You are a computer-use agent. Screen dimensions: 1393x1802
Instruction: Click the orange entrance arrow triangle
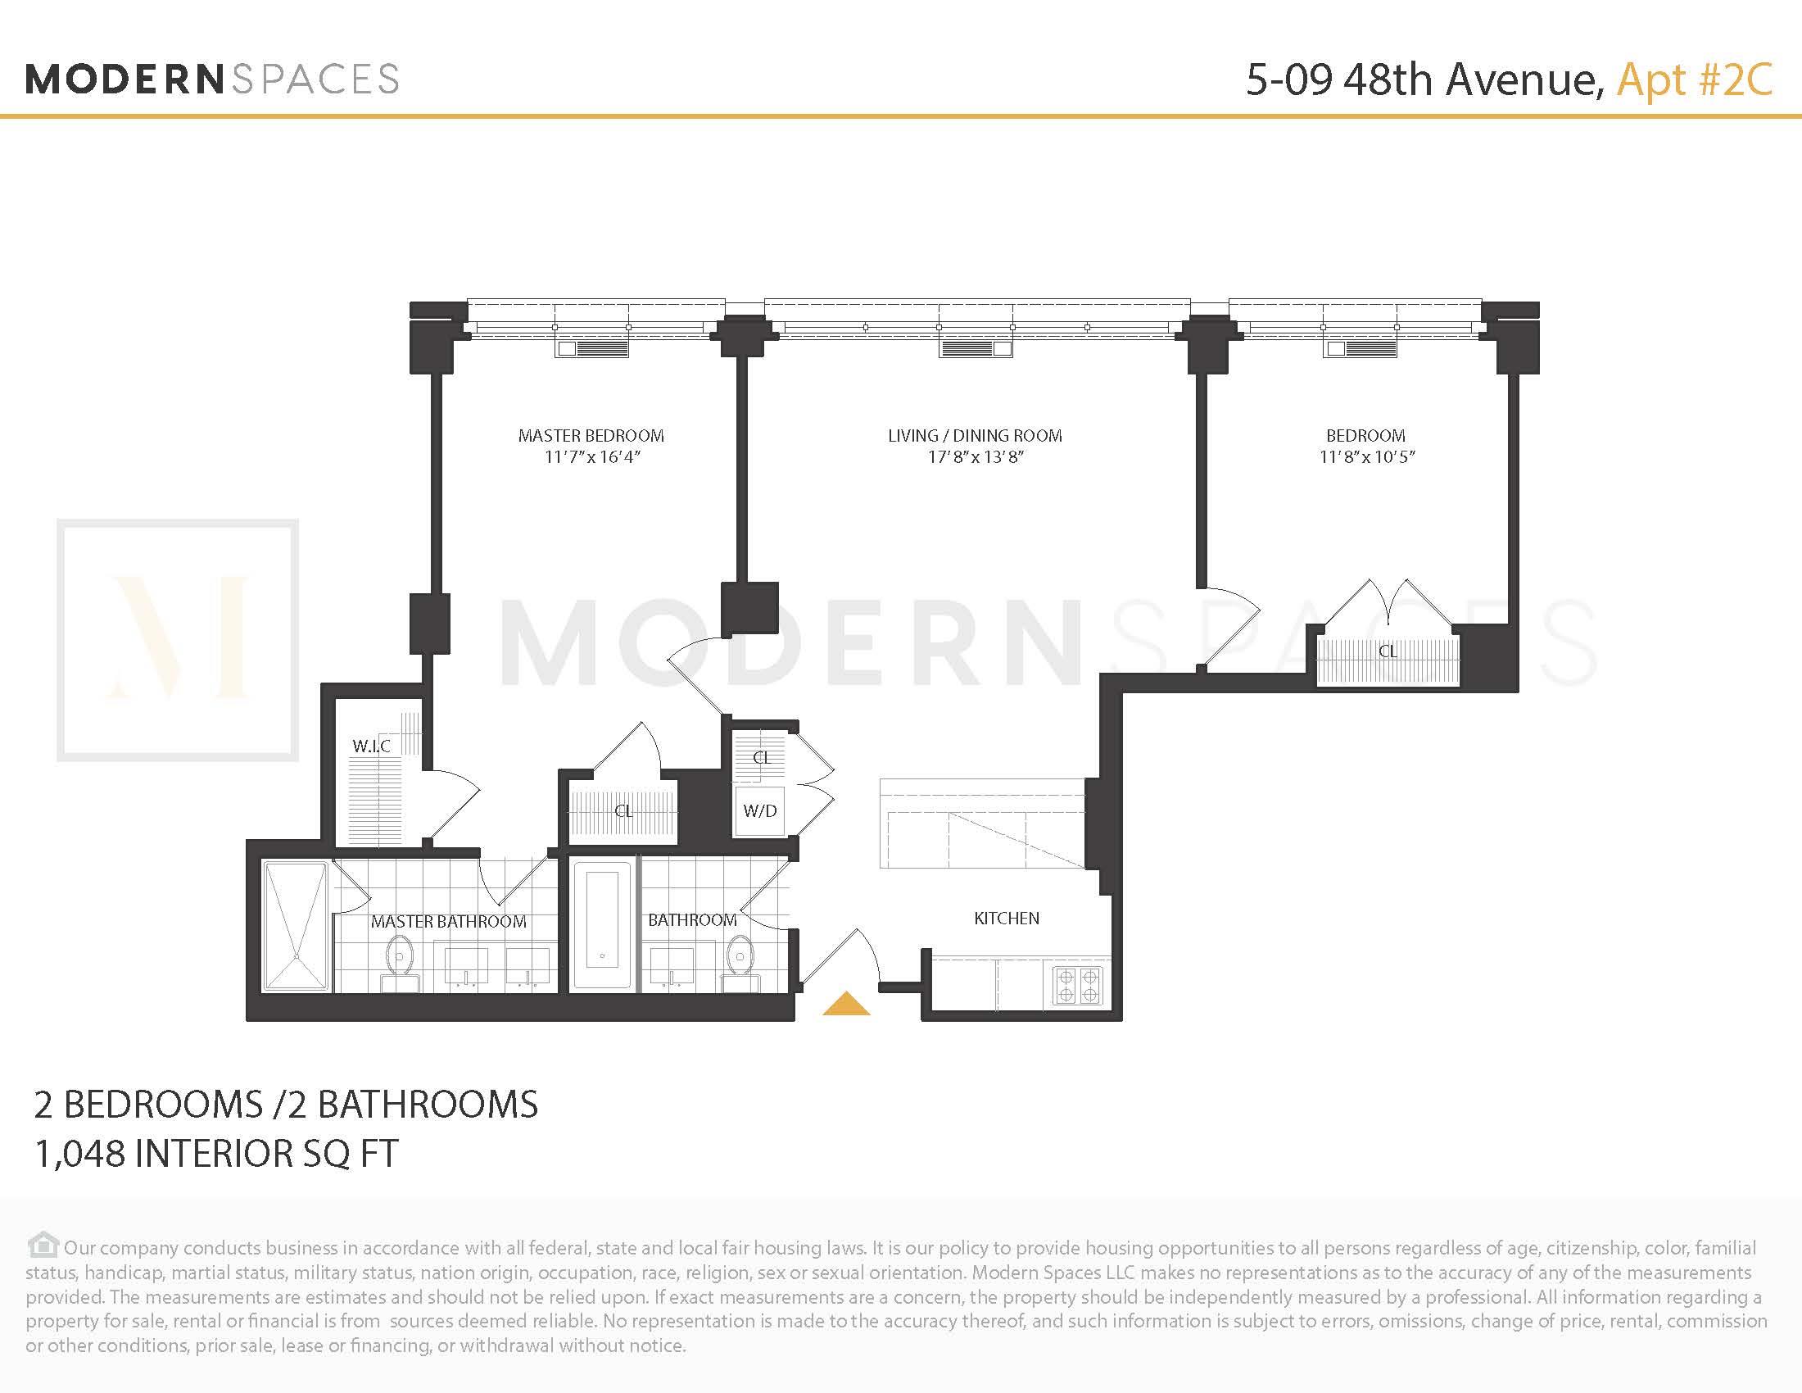[847, 1005]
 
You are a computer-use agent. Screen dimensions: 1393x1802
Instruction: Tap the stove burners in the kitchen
[1078, 985]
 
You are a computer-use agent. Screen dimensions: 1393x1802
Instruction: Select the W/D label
[759, 810]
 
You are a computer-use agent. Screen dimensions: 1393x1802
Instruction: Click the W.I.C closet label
[371, 746]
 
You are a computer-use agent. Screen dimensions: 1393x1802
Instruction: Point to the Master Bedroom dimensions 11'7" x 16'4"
[591, 457]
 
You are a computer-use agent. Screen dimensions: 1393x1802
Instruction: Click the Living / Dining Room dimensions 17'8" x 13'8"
[975, 457]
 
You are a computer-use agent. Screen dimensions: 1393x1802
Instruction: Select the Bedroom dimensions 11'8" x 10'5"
[1366, 457]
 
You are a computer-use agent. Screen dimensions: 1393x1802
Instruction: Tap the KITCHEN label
[1006, 919]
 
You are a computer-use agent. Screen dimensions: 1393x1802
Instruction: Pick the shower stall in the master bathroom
[295, 925]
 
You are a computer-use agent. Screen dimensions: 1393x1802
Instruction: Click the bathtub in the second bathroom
[603, 925]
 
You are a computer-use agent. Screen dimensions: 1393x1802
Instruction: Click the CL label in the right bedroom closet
[1388, 651]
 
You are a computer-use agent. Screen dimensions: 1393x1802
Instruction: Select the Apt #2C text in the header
[1694, 80]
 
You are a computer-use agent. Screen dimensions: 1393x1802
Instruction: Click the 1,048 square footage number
[79, 1154]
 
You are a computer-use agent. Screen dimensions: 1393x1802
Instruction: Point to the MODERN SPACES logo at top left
[212, 80]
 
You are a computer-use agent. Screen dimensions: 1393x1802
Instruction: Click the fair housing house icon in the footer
[43, 1244]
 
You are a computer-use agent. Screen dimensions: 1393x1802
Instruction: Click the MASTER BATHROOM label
[448, 922]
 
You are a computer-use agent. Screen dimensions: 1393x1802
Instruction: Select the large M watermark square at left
[178, 640]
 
